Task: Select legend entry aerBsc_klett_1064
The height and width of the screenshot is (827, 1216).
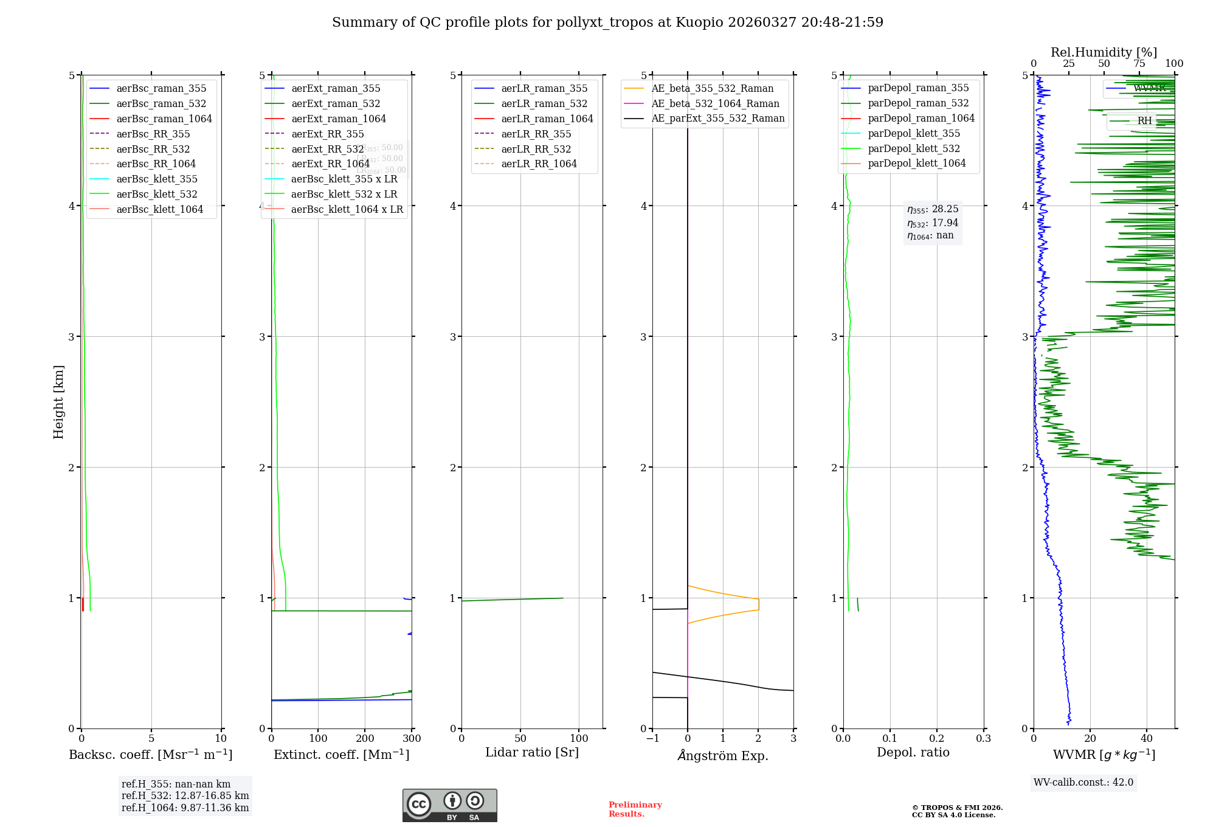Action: coord(159,209)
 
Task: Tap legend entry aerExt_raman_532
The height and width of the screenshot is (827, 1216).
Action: coord(336,103)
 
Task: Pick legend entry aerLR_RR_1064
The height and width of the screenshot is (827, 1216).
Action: coord(539,164)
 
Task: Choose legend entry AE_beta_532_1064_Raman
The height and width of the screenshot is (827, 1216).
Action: coord(715,103)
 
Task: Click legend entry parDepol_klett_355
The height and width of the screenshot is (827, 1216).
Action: coord(914,133)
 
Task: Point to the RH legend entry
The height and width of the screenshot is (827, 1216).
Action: coord(1144,121)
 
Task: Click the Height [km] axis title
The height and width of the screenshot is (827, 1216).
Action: coord(58,401)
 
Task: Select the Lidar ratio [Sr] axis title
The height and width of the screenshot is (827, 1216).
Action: coord(532,752)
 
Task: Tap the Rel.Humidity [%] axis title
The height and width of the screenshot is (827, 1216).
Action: coord(1104,52)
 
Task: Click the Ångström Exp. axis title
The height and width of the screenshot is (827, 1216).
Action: coord(723,755)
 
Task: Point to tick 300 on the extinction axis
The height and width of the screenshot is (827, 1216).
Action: coord(412,738)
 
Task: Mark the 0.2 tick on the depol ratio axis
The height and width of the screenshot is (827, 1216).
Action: coord(937,738)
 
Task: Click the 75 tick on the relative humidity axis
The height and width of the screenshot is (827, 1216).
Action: coord(1139,63)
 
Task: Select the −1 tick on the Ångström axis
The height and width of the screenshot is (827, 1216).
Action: coord(652,738)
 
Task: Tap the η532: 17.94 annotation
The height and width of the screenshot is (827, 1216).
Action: coord(933,223)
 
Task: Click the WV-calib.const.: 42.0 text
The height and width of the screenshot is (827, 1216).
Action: coord(1083,782)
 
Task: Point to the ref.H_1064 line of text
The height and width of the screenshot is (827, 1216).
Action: coord(185,808)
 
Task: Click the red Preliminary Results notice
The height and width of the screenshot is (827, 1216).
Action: coord(635,809)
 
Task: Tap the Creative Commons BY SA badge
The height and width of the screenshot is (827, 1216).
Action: coord(449,805)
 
